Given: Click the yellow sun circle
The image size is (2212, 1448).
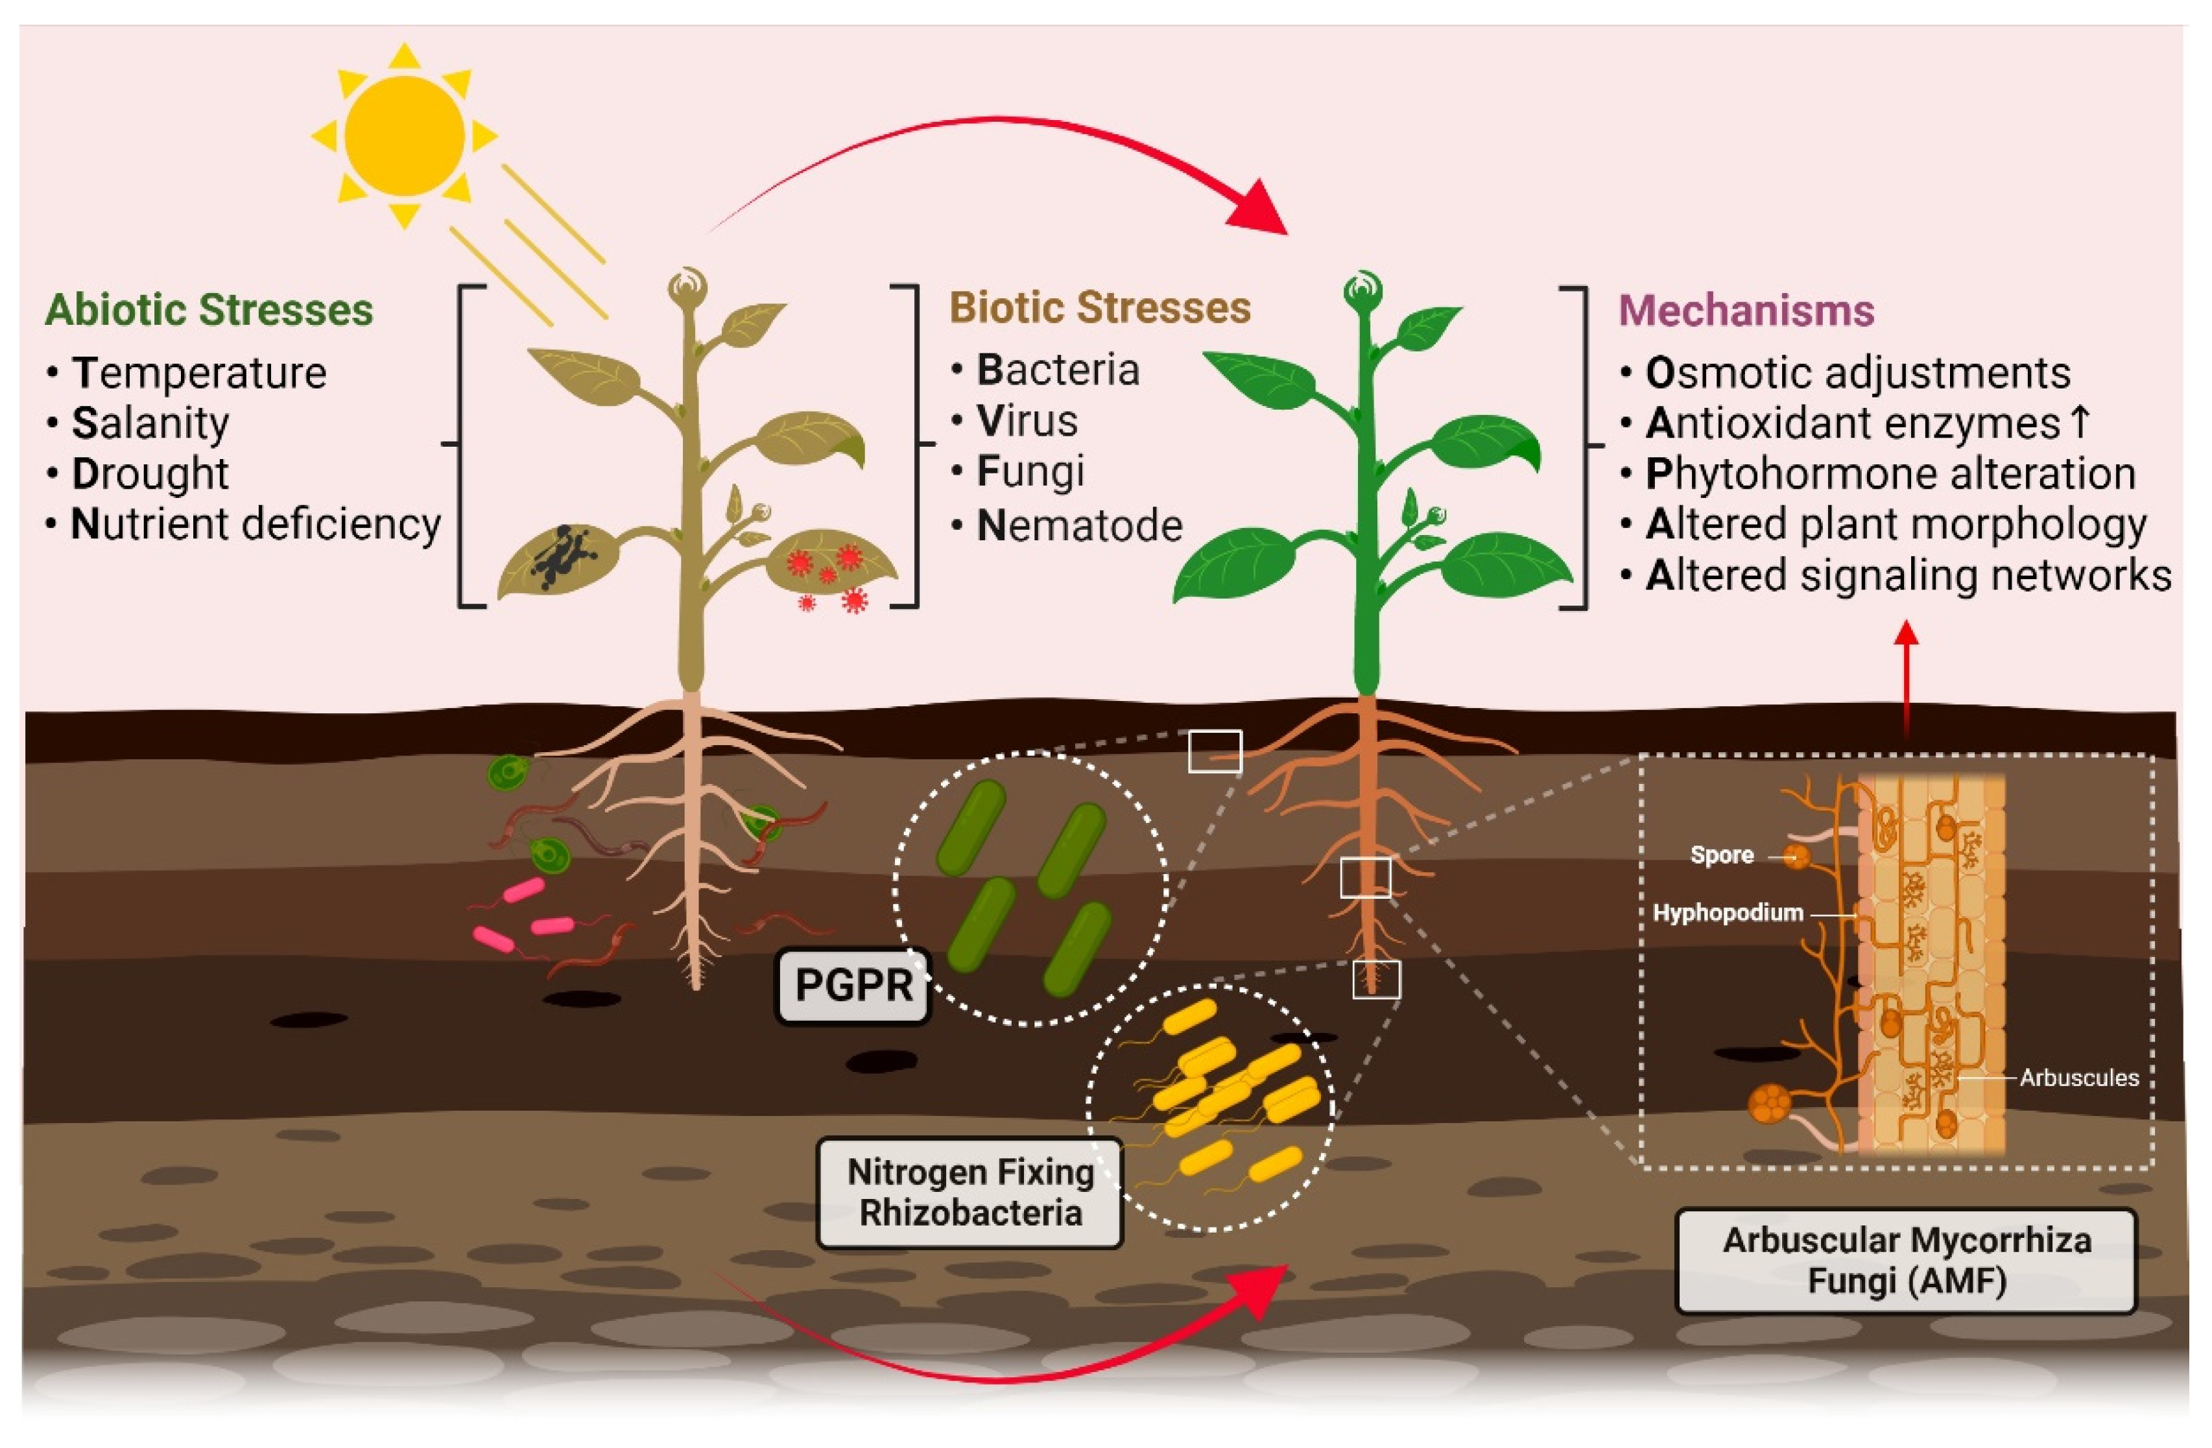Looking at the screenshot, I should [x=404, y=136].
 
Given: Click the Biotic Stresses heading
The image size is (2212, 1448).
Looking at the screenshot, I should [x=1099, y=307].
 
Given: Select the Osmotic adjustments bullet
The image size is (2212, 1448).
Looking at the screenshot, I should [x=1857, y=374].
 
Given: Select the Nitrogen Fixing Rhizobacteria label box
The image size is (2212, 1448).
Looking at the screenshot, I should [x=969, y=1193].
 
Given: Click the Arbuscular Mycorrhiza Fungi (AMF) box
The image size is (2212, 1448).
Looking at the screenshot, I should [x=1906, y=1261].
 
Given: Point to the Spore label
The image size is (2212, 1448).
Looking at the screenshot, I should [x=1721, y=855].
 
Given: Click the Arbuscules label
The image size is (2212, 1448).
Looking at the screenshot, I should [x=2078, y=1078].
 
